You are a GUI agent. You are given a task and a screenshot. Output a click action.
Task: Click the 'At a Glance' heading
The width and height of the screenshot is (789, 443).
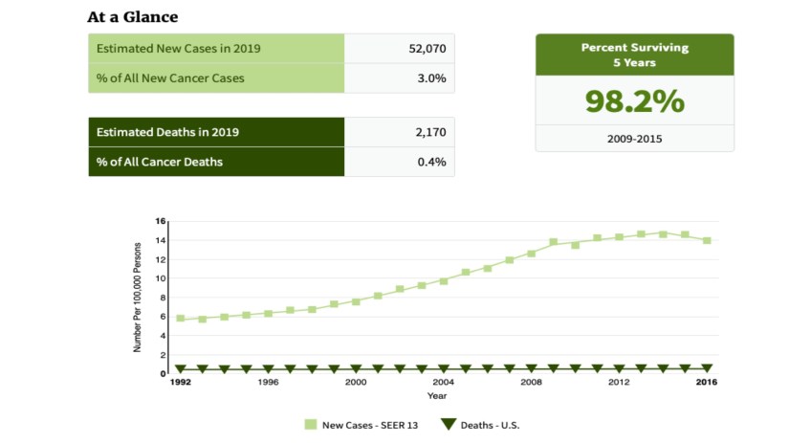pyautogui.click(x=132, y=17)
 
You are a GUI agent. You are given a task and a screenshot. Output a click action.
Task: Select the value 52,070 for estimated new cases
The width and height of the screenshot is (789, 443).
pyautogui.click(x=426, y=49)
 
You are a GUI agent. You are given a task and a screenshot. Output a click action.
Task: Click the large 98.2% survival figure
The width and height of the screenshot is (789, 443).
pyautogui.click(x=634, y=101)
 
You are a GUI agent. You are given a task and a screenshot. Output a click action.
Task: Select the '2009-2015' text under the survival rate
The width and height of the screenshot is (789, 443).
pyautogui.click(x=634, y=139)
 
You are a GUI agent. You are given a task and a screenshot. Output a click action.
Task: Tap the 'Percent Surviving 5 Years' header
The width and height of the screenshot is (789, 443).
pyautogui.click(x=634, y=55)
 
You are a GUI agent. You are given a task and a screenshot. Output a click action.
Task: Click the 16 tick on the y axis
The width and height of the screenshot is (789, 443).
pyautogui.click(x=162, y=221)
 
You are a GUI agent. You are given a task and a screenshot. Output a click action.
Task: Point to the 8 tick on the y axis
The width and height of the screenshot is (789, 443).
pyautogui.click(x=164, y=297)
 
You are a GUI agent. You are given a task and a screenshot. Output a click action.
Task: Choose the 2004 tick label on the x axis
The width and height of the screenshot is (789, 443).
pyautogui.click(x=444, y=382)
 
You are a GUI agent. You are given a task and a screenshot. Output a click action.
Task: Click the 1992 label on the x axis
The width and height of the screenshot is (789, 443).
pyautogui.click(x=180, y=382)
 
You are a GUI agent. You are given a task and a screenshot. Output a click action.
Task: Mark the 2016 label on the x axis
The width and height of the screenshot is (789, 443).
pyautogui.click(x=707, y=382)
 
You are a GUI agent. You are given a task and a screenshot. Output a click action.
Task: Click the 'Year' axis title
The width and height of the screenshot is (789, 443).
pyautogui.click(x=437, y=395)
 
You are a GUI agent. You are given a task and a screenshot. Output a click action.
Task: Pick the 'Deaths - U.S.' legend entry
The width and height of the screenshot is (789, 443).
pyautogui.click(x=480, y=425)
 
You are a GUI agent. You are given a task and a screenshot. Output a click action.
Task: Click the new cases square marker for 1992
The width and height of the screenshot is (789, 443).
pyautogui.click(x=180, y=319)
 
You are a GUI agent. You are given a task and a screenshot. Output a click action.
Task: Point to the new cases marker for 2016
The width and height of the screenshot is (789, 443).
pyautogui.click(x=707, y=241)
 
